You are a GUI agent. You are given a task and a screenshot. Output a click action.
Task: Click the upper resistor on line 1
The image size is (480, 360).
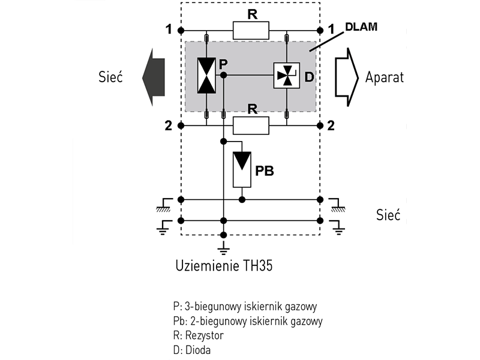click(251, 30)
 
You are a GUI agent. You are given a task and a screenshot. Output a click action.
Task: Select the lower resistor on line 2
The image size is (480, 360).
click(251, 125)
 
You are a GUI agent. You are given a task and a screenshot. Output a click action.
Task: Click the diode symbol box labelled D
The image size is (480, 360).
click(286, 76)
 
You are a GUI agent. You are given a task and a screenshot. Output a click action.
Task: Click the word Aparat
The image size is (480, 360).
click(385, 77)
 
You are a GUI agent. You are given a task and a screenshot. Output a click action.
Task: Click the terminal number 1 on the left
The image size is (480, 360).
click(170, 29)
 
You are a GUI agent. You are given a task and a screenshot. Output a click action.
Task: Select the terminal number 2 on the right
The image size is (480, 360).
click(331, 125)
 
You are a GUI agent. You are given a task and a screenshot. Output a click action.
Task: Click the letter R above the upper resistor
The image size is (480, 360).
click(252, 14)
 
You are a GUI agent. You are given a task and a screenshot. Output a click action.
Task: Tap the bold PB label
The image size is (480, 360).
click(265, 170)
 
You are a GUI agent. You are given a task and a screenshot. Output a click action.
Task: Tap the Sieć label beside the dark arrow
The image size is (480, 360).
click(111, 77)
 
